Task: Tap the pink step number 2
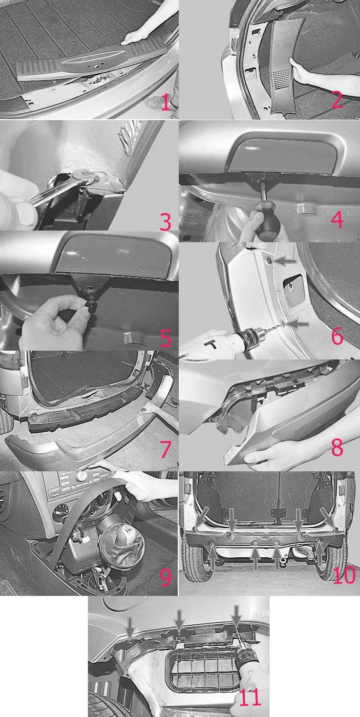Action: [337, 99]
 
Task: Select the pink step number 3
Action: [165, 222]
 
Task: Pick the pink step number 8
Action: [337, 447]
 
